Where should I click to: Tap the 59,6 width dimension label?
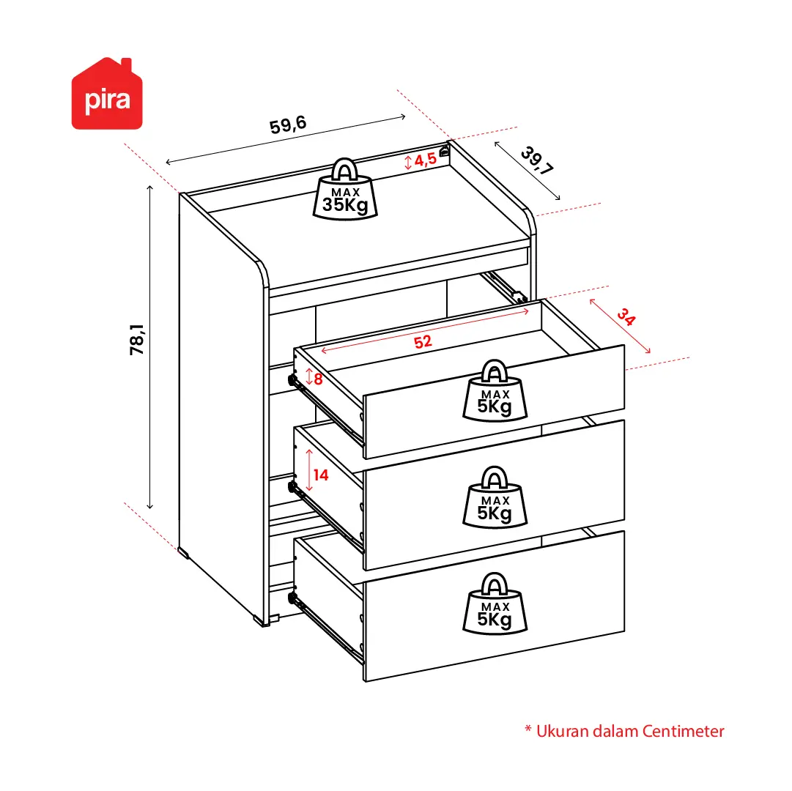click(x=288, y=125)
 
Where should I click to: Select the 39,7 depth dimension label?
click(x=537, y=160)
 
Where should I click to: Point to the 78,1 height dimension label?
click(x=137, y=339)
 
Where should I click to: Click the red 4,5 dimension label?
click(x=425, y=160)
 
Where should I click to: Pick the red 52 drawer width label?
click(x=423, y=342)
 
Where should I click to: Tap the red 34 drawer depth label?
click(x=626, y=317)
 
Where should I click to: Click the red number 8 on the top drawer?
click(x=318, y=379)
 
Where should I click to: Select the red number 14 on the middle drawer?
click(x=321, y=475)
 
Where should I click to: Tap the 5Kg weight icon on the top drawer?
click(x=495, y=390)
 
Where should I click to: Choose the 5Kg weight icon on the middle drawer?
click(x=495, y=497)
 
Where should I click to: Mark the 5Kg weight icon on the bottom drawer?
click(x=495, y=604)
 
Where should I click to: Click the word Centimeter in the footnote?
click(x=684, y=731)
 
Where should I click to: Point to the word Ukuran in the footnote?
click(x=562, y=731)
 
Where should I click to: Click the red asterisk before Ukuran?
click(x=528, y=729)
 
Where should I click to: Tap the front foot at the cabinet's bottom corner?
click(x=262, y=620)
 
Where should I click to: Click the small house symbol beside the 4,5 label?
click(x=444, y=151)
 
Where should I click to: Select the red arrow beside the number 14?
click(x=309, y=470)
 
